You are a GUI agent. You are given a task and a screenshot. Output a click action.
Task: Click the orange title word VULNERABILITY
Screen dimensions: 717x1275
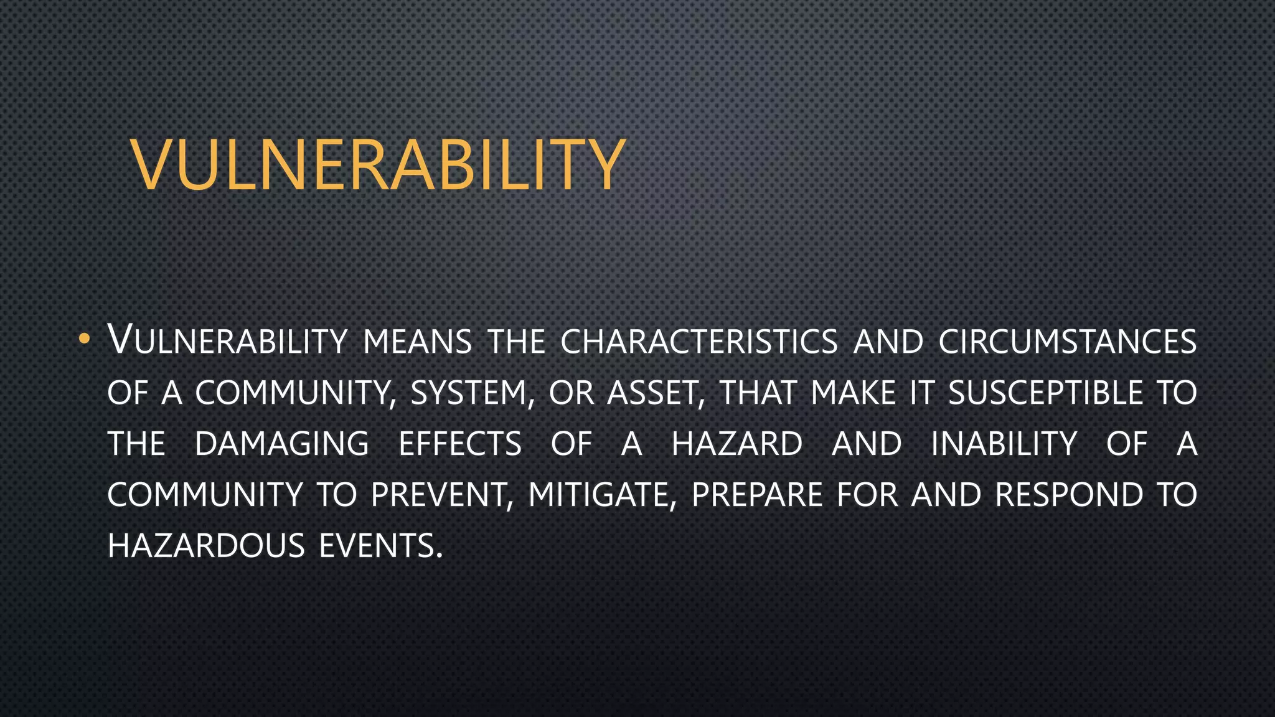pos(378,165)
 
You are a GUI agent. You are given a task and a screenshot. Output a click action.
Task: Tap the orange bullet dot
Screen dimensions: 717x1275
pos(84,340)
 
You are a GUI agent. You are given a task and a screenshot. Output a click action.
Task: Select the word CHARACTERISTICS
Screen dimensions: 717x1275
pos(699,342)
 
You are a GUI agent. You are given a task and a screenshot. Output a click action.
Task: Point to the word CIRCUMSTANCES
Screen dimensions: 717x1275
pos(1067,342)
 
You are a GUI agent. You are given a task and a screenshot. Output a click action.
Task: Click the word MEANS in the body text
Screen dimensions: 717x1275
pos(417,342)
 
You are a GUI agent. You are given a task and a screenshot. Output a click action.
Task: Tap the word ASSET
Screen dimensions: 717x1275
pos(656,393)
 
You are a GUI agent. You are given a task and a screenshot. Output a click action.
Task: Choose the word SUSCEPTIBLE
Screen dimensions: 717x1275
pos(1045,393)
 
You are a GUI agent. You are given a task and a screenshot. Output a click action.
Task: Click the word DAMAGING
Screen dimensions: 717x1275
pos(282,444)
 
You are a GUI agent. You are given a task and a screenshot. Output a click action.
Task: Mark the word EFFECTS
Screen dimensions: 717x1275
pos(460,444)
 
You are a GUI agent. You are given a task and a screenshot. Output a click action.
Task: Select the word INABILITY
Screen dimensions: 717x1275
pos(1004,444)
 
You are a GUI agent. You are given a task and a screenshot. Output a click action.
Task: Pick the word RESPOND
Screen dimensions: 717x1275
pos(1069,495)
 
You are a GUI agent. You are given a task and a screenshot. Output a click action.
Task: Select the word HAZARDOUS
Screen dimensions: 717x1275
pos(206,546)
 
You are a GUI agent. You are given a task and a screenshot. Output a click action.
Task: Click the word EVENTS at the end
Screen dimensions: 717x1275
pos(380,546)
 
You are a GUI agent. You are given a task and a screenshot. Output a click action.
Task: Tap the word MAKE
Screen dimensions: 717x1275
pos(853,393)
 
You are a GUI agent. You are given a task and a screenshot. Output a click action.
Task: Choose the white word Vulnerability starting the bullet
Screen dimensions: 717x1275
pos(227,342)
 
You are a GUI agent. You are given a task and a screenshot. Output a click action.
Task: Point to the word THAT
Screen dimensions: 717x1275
pos(758,393)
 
